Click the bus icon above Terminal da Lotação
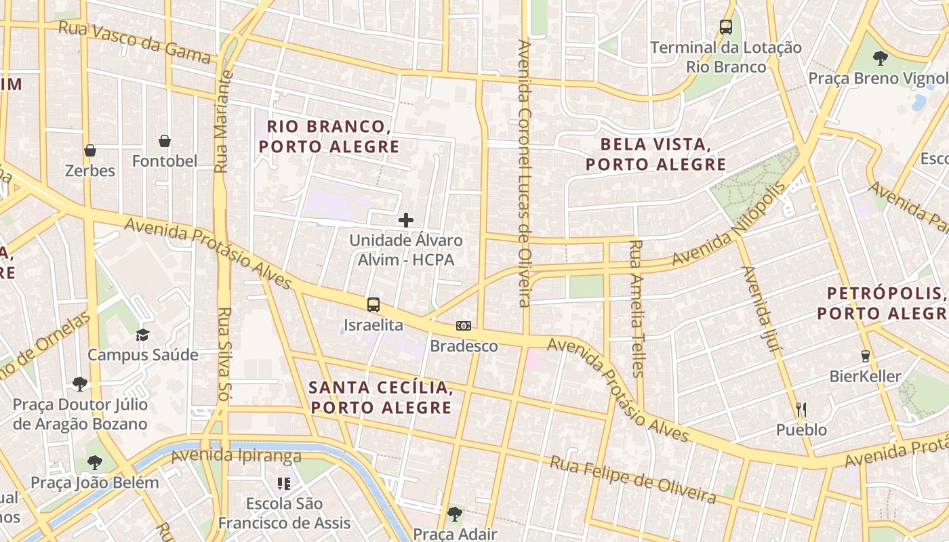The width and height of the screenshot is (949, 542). [x=726, y=27]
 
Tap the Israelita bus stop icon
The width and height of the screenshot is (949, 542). [x=373, y=305]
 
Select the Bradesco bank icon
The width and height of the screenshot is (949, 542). [x=464, y=326]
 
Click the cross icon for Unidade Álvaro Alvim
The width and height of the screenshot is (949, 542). [x=406, y=220]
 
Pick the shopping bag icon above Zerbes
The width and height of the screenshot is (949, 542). [x=90, y=150]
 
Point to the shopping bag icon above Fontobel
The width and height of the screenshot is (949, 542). [x=164, y=141]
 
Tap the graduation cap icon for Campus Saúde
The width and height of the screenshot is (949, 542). [x=142, y=335]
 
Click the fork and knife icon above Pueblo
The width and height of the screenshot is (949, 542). [x=801, y=409]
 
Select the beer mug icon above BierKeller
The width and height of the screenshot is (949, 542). [x=865, y=356]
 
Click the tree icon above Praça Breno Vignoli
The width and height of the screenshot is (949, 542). [x=881, y=58]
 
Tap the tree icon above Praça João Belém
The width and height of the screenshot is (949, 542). [x=95, y=463]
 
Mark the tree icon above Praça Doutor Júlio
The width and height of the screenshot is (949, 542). [x=80, y=384]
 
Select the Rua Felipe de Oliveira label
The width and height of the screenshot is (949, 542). [x=632, y=480]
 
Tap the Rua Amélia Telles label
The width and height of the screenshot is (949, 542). [x=636, y=308]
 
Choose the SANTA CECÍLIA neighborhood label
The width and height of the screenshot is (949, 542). [x=380, y=397]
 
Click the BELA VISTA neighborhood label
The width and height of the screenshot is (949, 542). [x=655, y=154]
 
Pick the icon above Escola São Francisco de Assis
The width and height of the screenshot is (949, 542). [x=284, y=484]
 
